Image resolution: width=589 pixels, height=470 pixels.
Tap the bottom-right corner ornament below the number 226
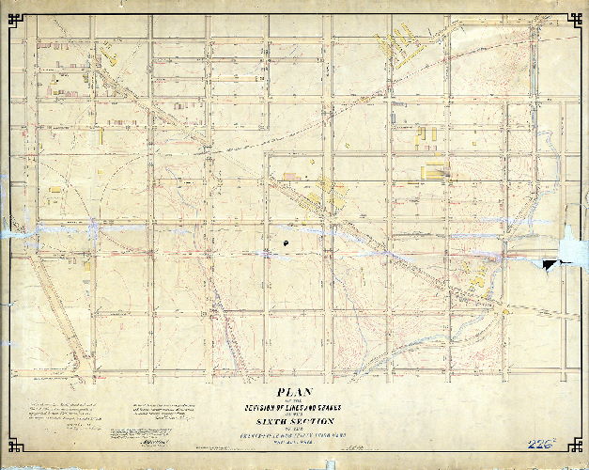[574, 447]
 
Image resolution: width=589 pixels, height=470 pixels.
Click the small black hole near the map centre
[285, 243]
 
